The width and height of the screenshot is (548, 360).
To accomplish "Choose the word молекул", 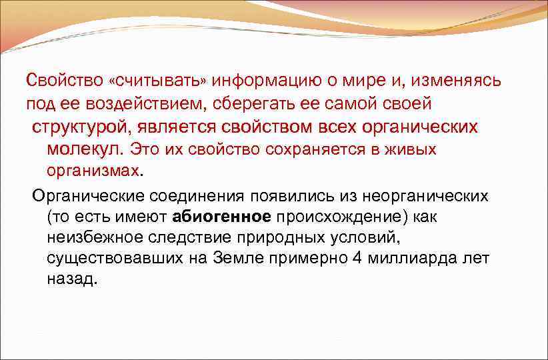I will (84, 149).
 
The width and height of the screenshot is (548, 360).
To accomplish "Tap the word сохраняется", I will (311, 149).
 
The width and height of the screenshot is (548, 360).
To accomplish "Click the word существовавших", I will (122, 258).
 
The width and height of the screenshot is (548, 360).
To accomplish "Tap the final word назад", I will (73, 279).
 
